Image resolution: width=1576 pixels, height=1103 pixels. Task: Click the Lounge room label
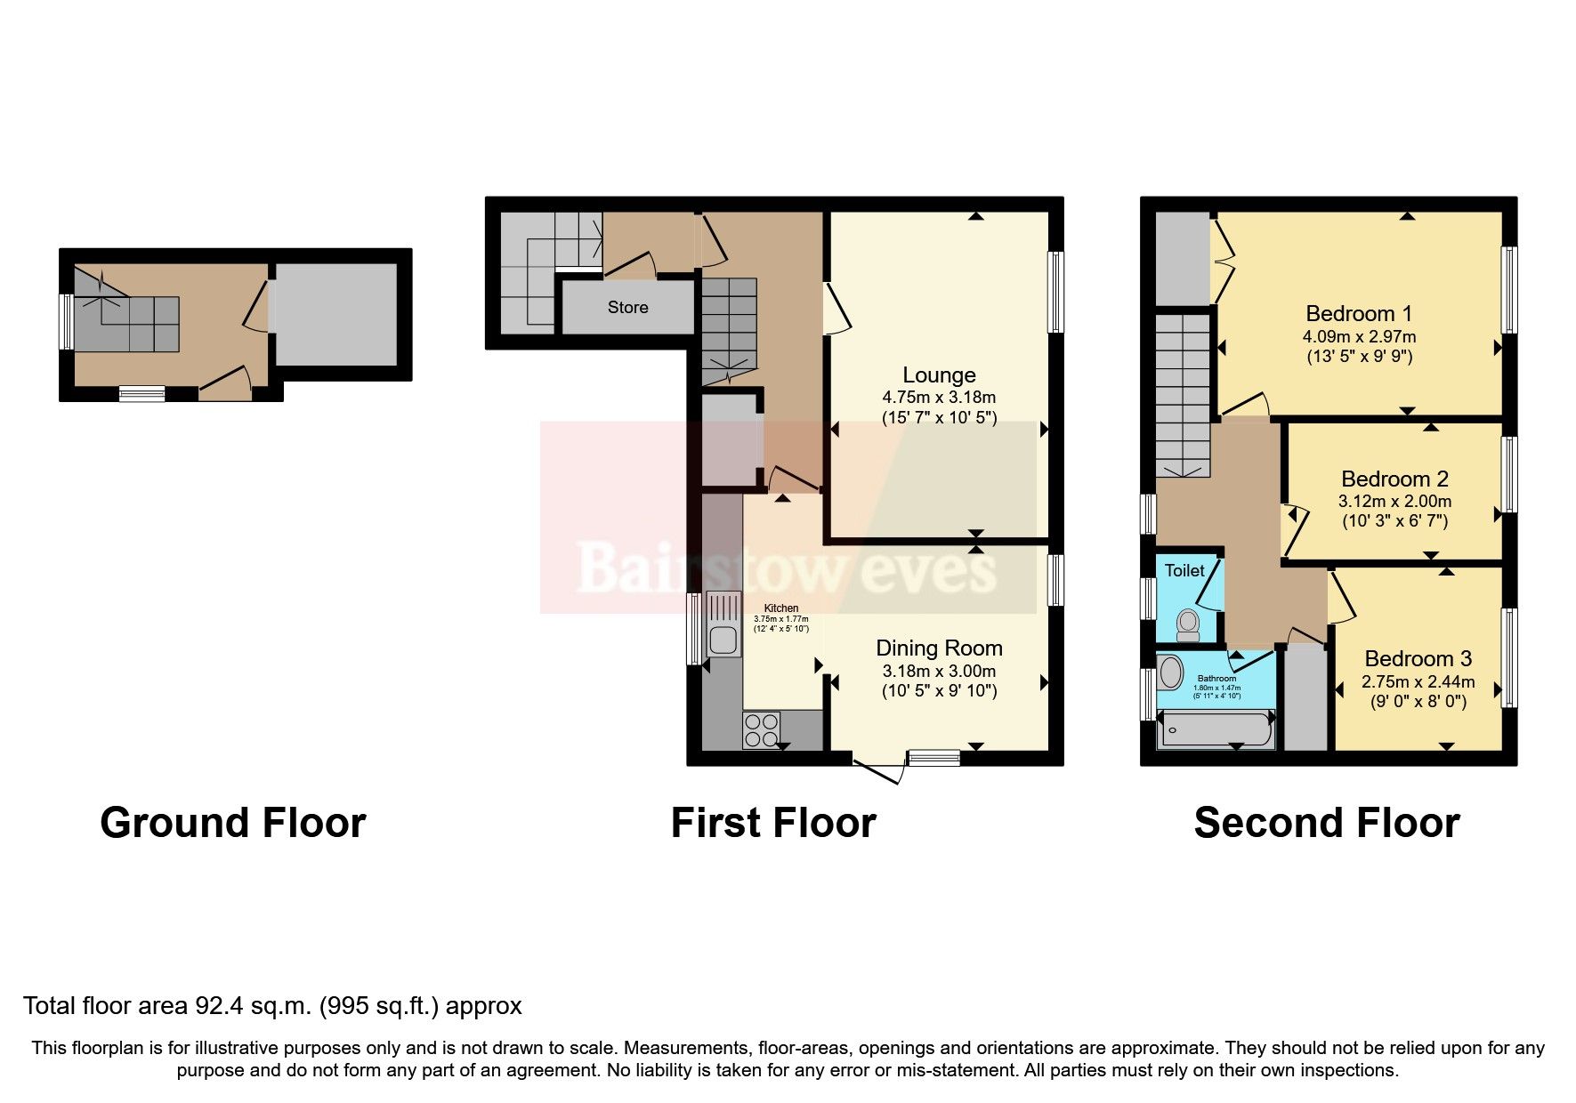[x=939, y=375]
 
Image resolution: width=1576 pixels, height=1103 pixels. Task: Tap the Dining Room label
[x=939, y=648]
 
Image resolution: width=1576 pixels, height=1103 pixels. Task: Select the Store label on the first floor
[x=627, y=308]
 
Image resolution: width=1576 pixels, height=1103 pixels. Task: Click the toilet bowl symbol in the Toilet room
[x=1188, y=624]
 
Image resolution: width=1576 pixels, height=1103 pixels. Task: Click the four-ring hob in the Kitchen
[x=761, y=730]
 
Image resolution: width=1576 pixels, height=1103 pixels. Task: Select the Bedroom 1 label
[x=1359, y=314]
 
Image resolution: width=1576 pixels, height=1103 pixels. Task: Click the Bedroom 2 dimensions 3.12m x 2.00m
[x=1394, y=502]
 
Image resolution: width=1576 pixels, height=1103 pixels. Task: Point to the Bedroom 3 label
[x=1418, y=659]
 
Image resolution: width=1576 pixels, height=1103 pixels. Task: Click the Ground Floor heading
[x=233, y=823]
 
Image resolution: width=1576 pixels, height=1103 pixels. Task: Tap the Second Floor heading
[x=1326, y=823]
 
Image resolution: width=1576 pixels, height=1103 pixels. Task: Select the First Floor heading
[x=773, y=823]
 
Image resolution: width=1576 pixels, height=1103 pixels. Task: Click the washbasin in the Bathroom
[x=1171, y=673]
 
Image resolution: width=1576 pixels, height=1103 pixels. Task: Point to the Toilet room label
[x=1184, y=571]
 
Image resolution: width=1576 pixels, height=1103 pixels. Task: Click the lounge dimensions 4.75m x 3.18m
[x=939, y=398]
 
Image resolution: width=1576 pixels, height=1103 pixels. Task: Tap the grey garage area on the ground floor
[x=335, y=314]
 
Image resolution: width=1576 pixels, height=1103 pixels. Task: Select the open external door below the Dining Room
[x=878, y=771]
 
